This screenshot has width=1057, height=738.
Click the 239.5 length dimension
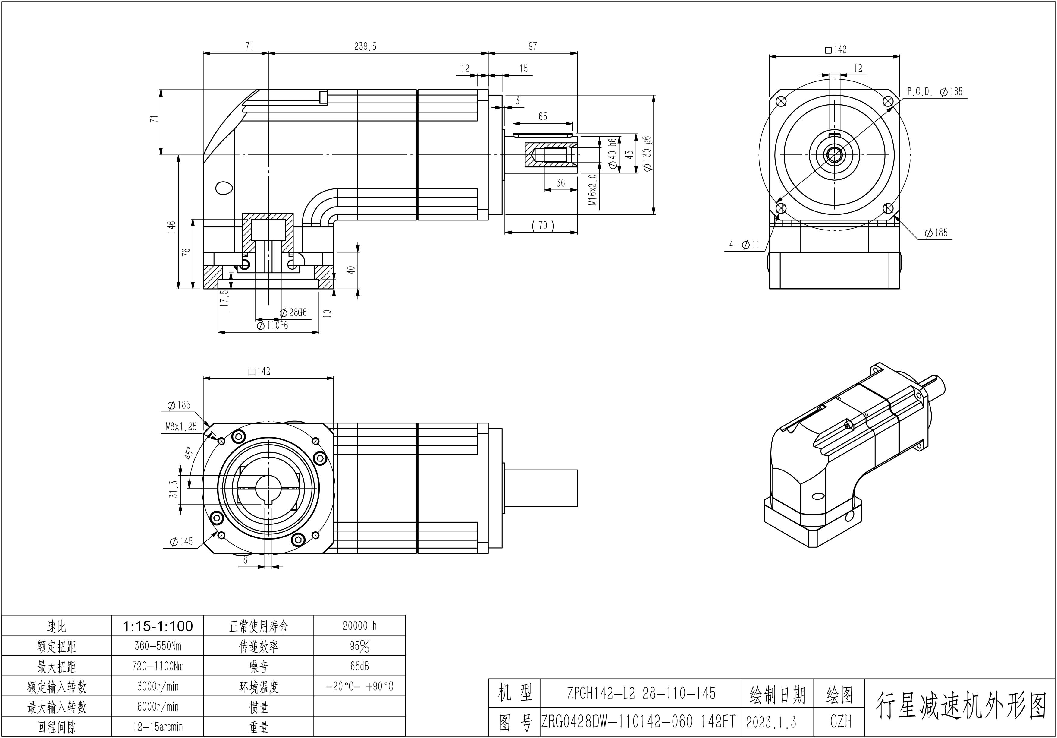[x=365, y=46]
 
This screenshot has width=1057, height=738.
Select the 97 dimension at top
[x=533, y=46]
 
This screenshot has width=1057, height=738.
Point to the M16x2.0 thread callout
[x=593, y=189]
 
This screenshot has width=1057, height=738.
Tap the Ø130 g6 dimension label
[x=647, y=154]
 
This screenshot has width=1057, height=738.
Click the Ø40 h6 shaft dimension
[x=612, y=154]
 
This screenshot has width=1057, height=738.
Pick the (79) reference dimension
[x=543, y=225]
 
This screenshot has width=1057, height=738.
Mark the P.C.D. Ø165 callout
[x=935, y=92]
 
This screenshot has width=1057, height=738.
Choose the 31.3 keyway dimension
[x=174, y=489]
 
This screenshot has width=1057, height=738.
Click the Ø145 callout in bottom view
[x=181, y=542]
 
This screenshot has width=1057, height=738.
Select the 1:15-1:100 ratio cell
[x=158, y=626]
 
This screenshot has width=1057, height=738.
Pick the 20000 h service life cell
[x=359, y=626]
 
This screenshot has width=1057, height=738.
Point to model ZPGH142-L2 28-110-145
[x=641, y=693]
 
